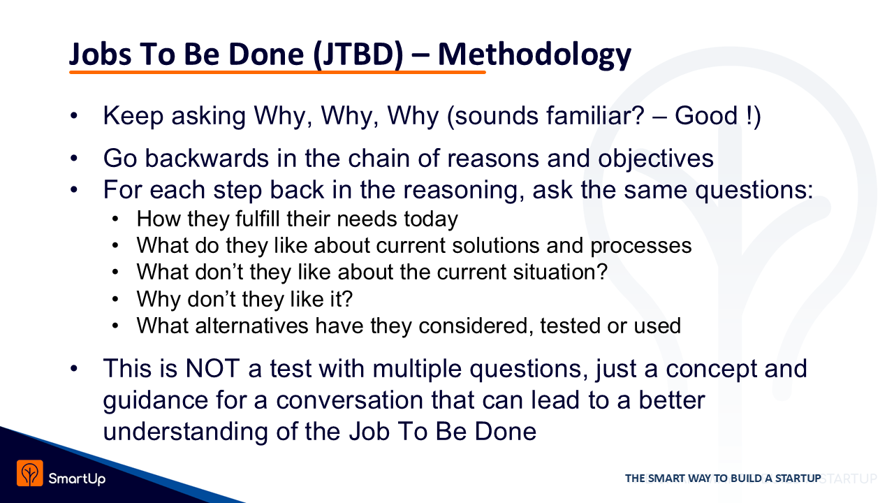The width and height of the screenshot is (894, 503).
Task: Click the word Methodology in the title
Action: pyautogui.click(x=534, y=56)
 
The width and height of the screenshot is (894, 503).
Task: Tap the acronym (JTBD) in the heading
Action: pyautogui.click(x=358, y=55)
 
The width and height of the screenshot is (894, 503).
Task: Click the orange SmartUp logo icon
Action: pyautogui.click(x=30, y=473)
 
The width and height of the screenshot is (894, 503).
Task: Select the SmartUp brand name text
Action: pyautogui.click(x=77, y=479)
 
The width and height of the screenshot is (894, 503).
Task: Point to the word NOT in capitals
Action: pyautogui.click(x=213, y=368)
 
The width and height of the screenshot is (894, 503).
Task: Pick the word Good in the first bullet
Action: pyautogui.click(x=706, y=116)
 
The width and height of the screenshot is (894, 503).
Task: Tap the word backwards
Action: pyautogui.click(x=207, y=158)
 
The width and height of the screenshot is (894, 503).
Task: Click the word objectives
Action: pyautogui.click(x=655, y=159)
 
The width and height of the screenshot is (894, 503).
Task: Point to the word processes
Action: pyautogui.click(x=641, y=246)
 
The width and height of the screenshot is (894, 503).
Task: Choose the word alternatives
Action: pyautogui.click(x=252, y=326)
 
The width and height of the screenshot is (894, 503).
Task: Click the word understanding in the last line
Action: pyautogui.click(x=186, y=432)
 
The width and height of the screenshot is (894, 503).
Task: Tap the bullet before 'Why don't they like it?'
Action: pyautogui.click(x=115, y=298)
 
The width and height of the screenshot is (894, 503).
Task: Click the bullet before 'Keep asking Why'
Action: pyautogui.click(x=74, y=116)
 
